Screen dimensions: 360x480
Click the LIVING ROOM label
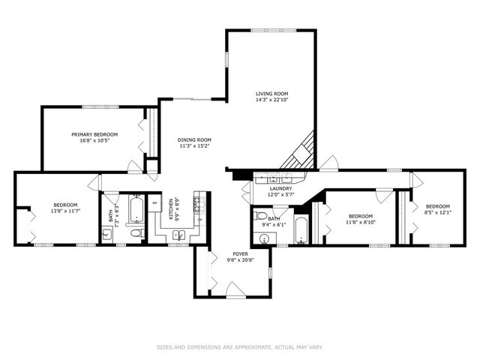pyautogui.click(x=271, y=93)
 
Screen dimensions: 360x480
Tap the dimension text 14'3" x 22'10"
pyautogui.click(x=271, y=100)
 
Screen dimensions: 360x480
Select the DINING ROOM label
pyautogui.click(x=194, y=139)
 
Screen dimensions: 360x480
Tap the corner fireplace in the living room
pyautogui.click(x=299, y=154)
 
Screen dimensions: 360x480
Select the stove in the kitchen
pyautogui.click(x=198, y=203)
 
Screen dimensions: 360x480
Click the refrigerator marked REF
pyautogui.click(x=156, y=203)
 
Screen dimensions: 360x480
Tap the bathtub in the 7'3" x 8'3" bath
pyautogui.click(x=136, y=211)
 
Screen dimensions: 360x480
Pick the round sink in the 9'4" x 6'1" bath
pyautogui.click(x=263, y=239)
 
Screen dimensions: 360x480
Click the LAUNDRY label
pyautogui.click(x=281, y=189)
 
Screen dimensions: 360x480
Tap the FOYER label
pyautogui.click(x=241, y=254)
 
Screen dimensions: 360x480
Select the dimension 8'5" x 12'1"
pyautogui.click(x=437, y=213)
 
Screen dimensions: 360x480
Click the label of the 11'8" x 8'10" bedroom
pyautogui.click(x=359, y=215)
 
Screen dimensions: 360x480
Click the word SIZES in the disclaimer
pyautogui.click(x=164, y=346)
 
